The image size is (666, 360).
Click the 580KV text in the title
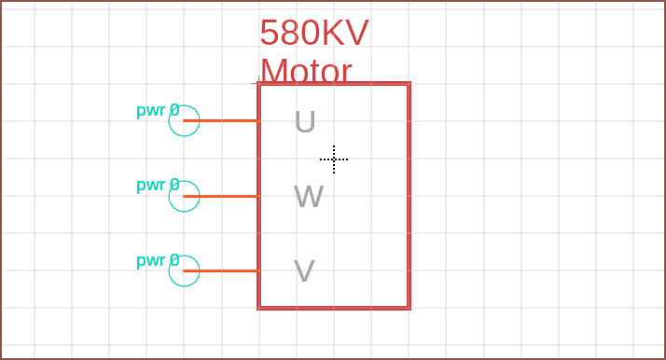pyautogui.click(x=314, y=33)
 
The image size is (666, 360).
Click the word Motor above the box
pyautogui.click(x=306, y=71)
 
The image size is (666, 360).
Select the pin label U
pyautogui.click(x=305, y=122)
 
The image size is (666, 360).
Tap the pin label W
pyautogui.click(x=309, y=196)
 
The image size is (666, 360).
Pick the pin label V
pyautogui.click(x=304, y=270)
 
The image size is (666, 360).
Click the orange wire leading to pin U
pyautogui.click(x=221, y=120)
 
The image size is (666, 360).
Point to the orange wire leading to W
pyautogui.click(x=221, y=196)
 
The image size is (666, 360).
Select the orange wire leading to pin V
pyautogui.click(x=221, y=270)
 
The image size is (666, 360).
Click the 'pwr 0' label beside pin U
pyautogui.click(x=158, y=110)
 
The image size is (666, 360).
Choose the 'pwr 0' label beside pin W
pyautogui.click(x=158, y=185)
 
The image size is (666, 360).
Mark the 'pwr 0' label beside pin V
pyautogui.click(x=158, y=260)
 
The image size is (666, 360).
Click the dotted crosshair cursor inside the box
pyautogui.click(x=334, y=159)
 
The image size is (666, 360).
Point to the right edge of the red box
pyautogui.click(x=409, y=196)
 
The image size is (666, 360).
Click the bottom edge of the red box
pyautogui.click(x=334, y=308)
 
